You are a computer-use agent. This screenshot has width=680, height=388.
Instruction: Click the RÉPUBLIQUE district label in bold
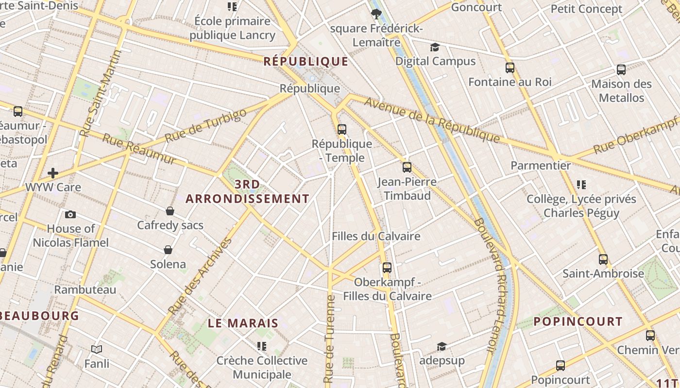[306, 61]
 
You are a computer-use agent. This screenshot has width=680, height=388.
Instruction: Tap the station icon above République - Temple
[342, 129]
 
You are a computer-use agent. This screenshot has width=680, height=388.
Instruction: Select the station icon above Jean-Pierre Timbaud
[407, 167]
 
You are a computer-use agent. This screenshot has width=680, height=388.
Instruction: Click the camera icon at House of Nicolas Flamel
[70, 214]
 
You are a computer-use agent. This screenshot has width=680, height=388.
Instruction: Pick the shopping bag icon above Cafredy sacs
[170, 211]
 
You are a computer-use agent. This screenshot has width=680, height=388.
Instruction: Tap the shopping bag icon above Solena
[168, 250]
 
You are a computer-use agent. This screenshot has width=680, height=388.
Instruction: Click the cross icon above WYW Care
[53, 173]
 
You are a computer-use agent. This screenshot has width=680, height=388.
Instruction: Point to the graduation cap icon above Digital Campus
[435, 47]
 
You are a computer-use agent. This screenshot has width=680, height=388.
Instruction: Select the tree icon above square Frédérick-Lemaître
[375, 13]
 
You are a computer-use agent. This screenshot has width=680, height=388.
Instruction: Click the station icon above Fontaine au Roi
[510, 68]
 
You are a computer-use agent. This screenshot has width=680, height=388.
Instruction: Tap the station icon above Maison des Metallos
[621, 70]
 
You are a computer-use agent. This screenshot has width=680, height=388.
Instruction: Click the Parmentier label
[541, 165]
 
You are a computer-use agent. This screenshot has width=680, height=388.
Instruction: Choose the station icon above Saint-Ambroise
[603, 259]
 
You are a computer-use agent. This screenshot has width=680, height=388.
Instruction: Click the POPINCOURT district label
[578, 322]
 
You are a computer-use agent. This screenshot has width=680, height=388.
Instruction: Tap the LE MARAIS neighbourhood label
[243, 323]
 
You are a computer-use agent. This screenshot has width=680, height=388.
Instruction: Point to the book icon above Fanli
[97, 349]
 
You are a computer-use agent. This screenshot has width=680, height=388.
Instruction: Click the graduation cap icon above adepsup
[442, 346]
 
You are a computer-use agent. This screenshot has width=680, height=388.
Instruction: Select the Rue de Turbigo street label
[206, 126]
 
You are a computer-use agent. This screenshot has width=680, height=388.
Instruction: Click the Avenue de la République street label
[432, 120]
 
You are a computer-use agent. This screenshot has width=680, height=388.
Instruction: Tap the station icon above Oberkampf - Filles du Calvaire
[387, 268]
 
